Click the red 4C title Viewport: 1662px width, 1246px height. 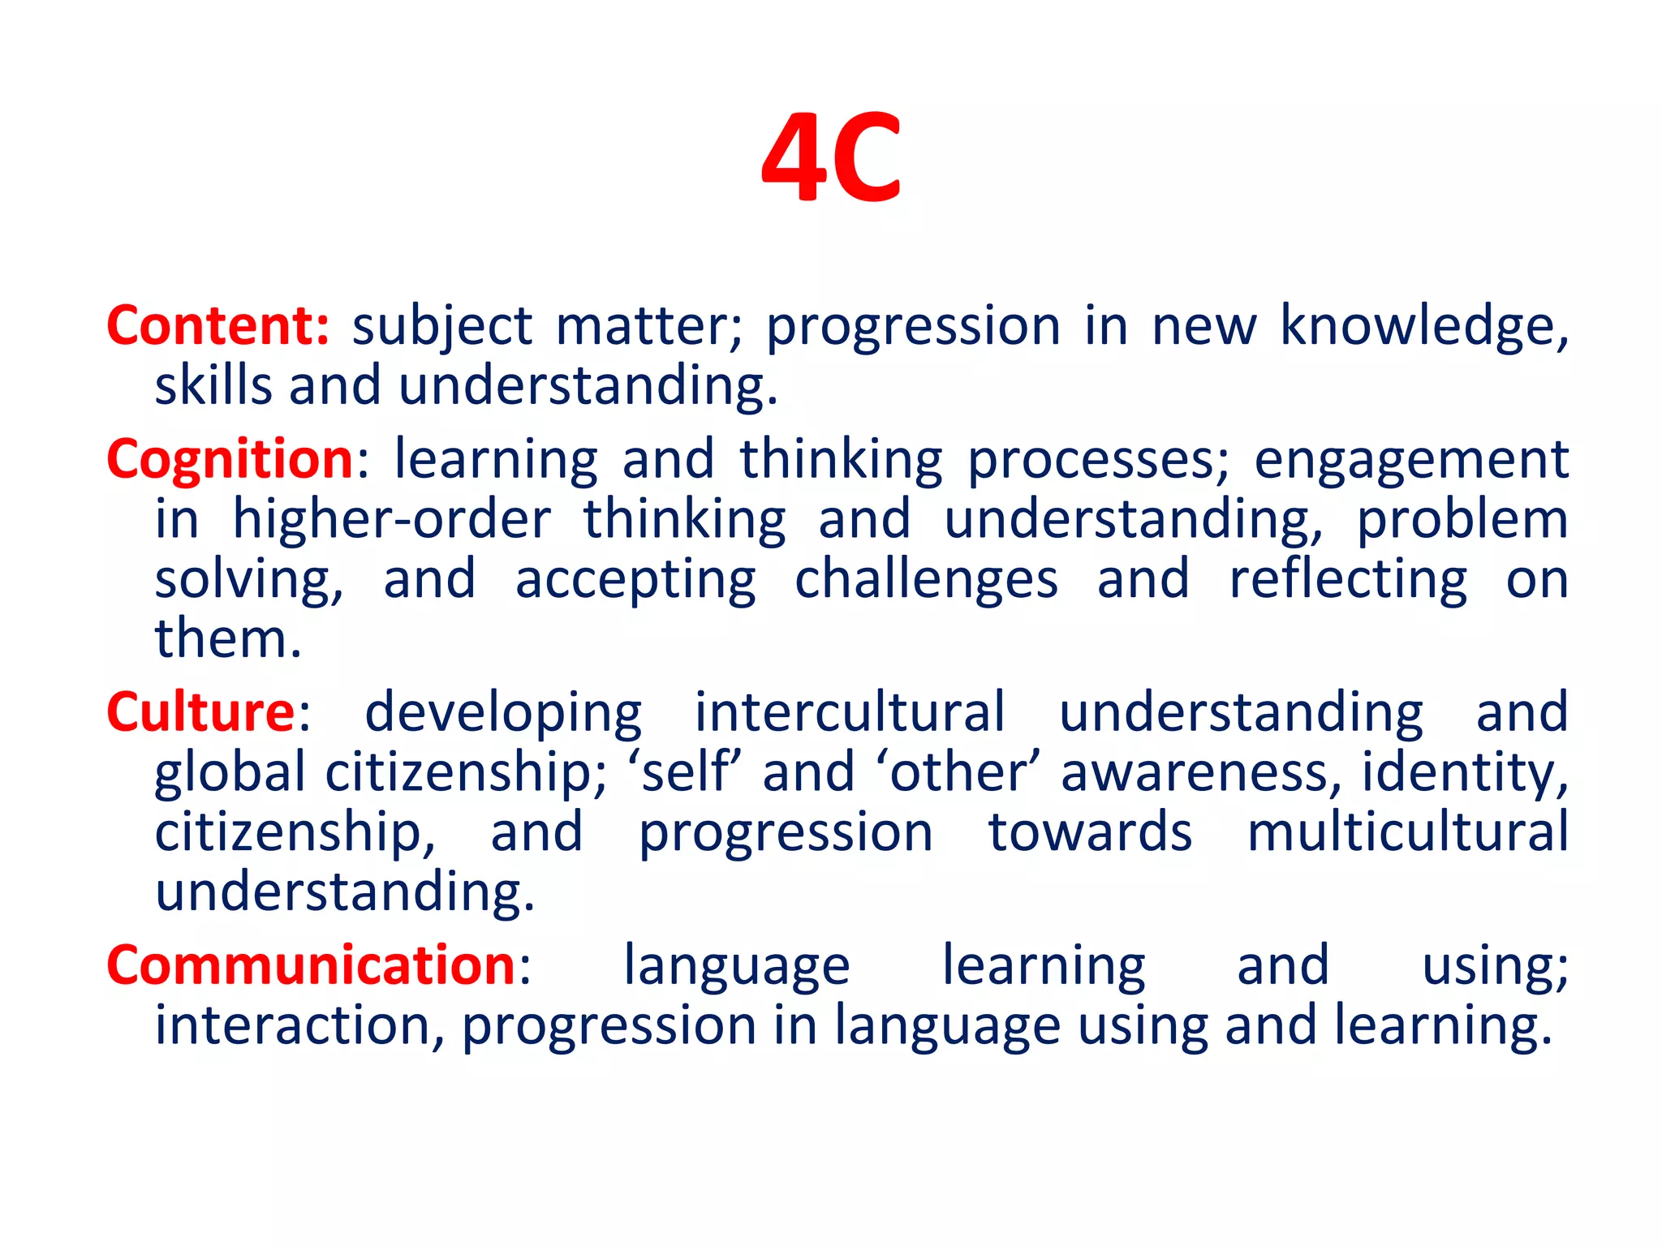831,157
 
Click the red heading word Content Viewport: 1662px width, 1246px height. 217,326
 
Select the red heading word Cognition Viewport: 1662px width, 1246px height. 230,460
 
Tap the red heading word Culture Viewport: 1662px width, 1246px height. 200,712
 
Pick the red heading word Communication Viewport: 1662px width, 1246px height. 311,966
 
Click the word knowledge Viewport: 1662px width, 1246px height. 1423,326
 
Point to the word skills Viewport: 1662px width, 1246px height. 213,385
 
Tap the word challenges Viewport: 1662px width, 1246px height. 926,580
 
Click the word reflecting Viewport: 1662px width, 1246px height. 1348,580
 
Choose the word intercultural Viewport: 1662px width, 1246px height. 850,712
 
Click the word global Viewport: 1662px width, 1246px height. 230,773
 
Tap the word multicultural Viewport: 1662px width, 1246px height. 1407,832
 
